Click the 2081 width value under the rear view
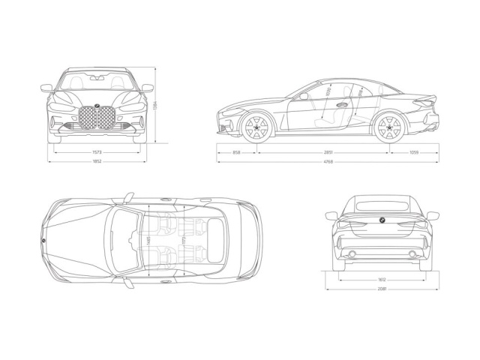click(x=382, y=288)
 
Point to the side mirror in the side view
click(x=304, y=95)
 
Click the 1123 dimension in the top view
click(x=184, y=240)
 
